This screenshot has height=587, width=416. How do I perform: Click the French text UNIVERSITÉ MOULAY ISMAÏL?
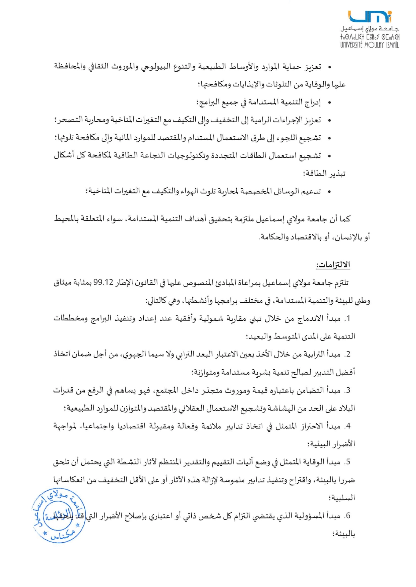(x=370, y=45)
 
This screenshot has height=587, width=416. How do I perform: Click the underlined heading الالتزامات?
(x=333, y=265)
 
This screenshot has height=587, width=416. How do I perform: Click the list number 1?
(x=347, y=319)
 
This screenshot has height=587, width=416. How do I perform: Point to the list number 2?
(x=347, y=354)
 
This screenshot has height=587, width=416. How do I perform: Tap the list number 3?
(x=347, y=390)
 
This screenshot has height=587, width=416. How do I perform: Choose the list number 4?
(x=347, y=426)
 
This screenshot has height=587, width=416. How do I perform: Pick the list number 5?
(x=347, y=462)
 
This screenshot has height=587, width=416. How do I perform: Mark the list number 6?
(x=347, y=516)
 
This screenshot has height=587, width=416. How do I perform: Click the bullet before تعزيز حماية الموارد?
(x=329, y=67)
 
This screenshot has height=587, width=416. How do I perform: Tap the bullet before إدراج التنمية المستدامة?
(x=329, y=103)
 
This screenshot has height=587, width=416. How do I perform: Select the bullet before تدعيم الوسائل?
(x=329, y=192)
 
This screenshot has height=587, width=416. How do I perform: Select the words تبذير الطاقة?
(x=325, y=174)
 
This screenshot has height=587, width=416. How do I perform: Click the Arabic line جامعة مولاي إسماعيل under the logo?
(x=370, y=29)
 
